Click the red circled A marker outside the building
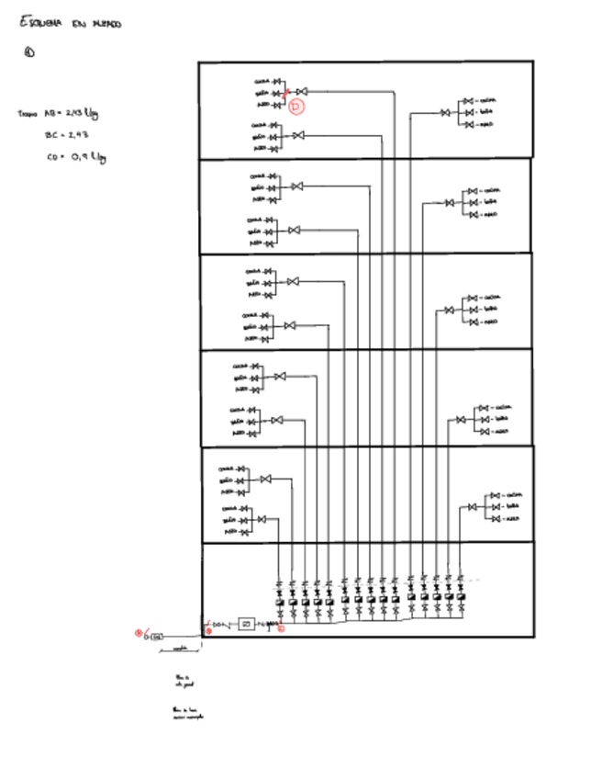pos(139,631)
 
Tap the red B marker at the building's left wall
pos(208,631)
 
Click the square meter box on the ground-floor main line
pos(245,624)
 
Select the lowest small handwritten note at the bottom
pos(187,713)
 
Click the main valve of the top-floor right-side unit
pos(446,112)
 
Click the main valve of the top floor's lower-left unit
pos(297,136)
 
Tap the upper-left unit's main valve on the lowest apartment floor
pos(265,480)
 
